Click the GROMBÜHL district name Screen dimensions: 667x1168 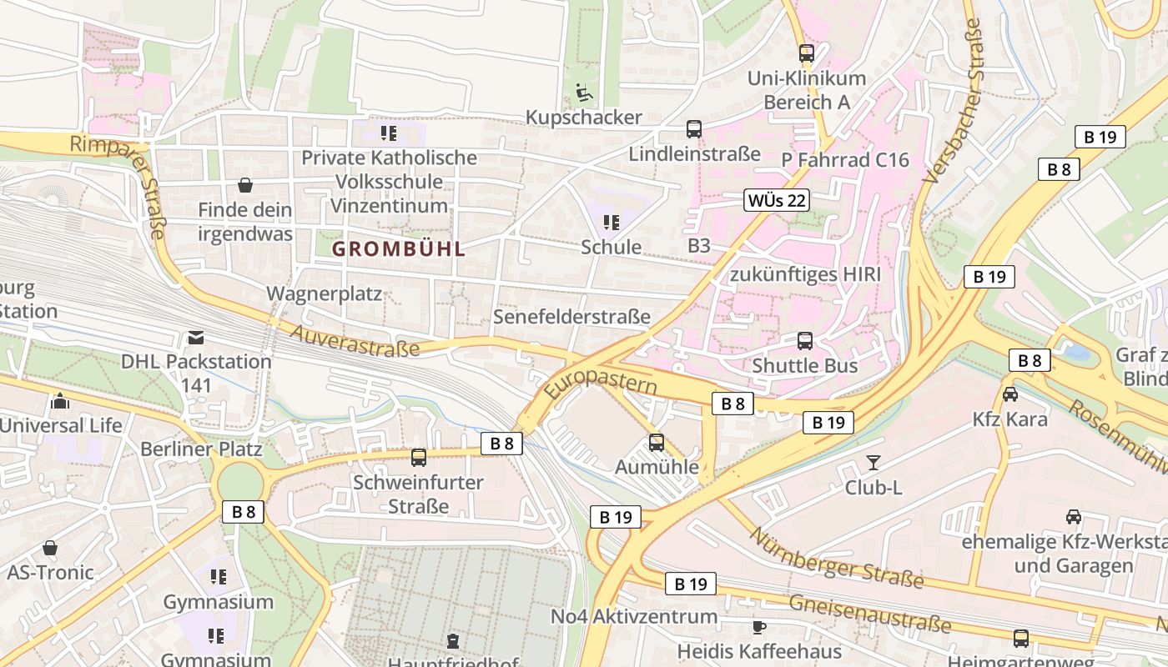point(399,248)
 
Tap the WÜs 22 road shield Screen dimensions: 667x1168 point(777,200)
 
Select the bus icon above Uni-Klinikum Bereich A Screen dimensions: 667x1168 point(806,53)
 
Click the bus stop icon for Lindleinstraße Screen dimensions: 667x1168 point(694,129)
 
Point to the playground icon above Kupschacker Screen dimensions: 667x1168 point(584,93)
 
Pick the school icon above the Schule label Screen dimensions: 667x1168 point(612,223)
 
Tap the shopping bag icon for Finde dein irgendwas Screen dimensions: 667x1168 point(245,185)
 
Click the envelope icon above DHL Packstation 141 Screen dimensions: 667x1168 point(195,338)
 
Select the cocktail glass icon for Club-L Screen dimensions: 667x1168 point(873,463)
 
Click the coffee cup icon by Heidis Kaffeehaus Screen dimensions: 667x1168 point(758,627)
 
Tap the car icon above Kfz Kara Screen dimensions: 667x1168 point(1009,394)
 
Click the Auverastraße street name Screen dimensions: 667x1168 point(355,341)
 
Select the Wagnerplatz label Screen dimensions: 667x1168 point(324,293)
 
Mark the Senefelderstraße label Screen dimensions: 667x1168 point(571,317)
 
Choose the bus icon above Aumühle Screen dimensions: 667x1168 point(657,443)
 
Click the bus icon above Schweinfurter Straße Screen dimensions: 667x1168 point(419,458)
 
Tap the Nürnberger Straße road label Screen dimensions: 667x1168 point(836,556)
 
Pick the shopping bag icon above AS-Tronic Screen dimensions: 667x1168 point(50,548)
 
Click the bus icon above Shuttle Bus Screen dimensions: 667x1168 point(805,341)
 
